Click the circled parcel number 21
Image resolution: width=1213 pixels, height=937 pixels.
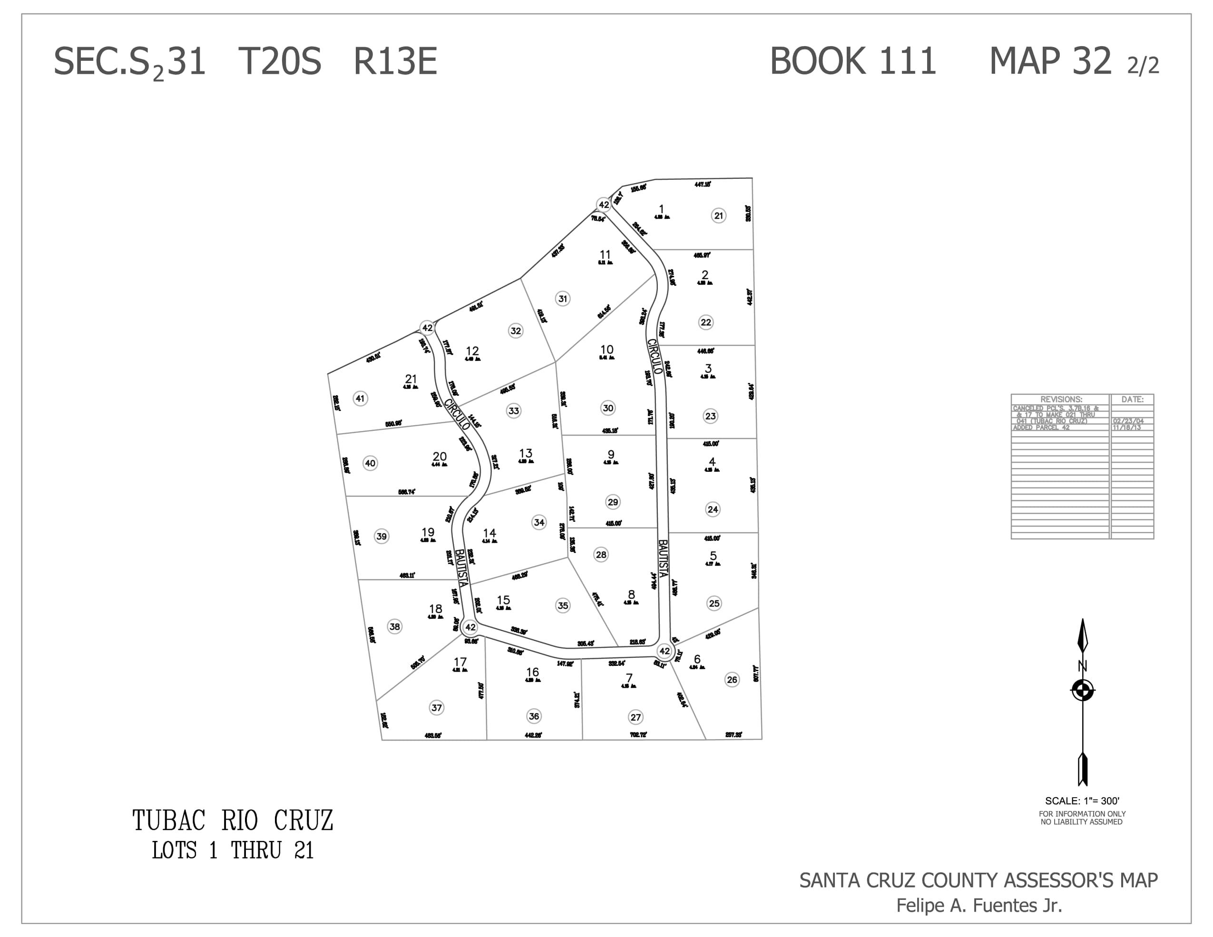tap(719, 215)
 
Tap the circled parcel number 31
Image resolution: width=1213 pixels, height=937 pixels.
tap(563, 299)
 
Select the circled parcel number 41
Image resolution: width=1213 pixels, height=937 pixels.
tap(360, 398)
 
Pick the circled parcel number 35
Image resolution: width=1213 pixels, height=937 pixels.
tap(563, 605)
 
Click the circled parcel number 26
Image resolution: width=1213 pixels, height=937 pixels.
tap(732, 679)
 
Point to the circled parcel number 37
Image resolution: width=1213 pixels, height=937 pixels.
tap(437, 708)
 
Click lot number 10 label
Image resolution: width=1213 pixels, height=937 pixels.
tap(606, 350)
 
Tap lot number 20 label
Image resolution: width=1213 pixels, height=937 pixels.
tap(440, 457)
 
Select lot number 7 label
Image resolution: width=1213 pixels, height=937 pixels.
tap(629, 678)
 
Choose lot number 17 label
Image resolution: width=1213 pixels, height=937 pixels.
tap(460, 662)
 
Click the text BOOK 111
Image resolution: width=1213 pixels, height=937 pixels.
tap(853, 60)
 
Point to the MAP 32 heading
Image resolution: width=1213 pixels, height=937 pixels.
tap(1050, 60)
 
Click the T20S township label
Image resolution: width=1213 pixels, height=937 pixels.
tap(279, 61)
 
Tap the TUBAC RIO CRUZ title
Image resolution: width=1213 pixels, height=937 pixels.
tap(233, 821)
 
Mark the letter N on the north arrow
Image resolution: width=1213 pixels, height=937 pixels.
tap(1082, 666)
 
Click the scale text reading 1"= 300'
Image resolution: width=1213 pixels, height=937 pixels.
tap(1082, 801)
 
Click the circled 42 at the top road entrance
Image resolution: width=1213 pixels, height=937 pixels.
tap(604, 205)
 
